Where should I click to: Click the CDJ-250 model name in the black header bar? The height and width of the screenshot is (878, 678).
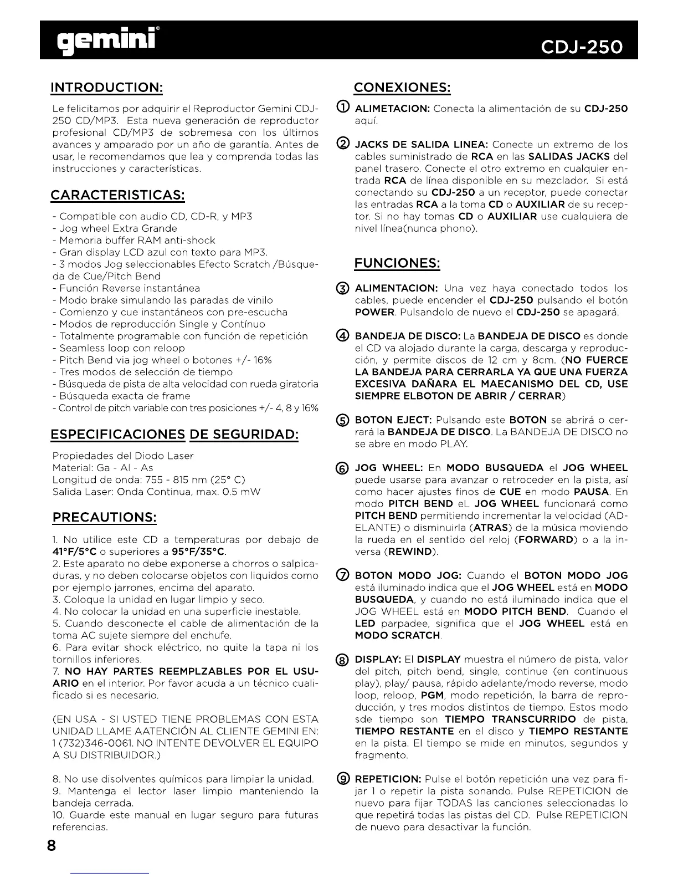click(x=582, y=47)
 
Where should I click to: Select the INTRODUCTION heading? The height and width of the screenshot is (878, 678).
click(x=106, y=88)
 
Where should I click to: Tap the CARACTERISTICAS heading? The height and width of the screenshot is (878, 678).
click(x=117, y=195)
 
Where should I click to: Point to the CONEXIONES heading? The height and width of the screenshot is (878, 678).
click(x=402, y=88)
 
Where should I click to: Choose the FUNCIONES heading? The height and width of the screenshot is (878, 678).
click(x=397, y=263)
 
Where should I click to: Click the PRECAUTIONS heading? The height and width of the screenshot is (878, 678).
click(x=105, y=517)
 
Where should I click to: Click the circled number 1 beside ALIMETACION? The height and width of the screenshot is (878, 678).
click(x=342, y=108)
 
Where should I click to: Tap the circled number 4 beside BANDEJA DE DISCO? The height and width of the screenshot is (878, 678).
click(x=342, y=336)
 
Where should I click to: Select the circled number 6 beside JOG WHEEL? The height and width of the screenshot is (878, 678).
click(x=342, y=468)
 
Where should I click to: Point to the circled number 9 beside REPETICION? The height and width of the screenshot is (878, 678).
click(x=342, y=779)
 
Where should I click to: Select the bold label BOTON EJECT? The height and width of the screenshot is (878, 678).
click(x=393, y=420)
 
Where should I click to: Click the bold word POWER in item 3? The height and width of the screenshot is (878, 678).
click(x=374, y=312)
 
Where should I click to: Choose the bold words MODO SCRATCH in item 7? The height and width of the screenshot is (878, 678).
click(x=397, y=635)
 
